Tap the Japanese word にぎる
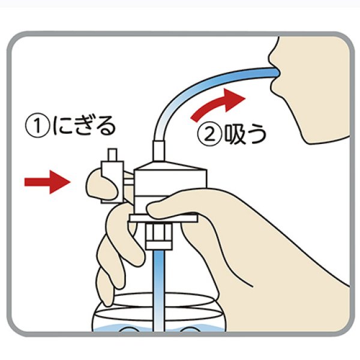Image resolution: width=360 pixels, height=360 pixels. [83, 127]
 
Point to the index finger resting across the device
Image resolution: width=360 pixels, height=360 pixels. [180, 207]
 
